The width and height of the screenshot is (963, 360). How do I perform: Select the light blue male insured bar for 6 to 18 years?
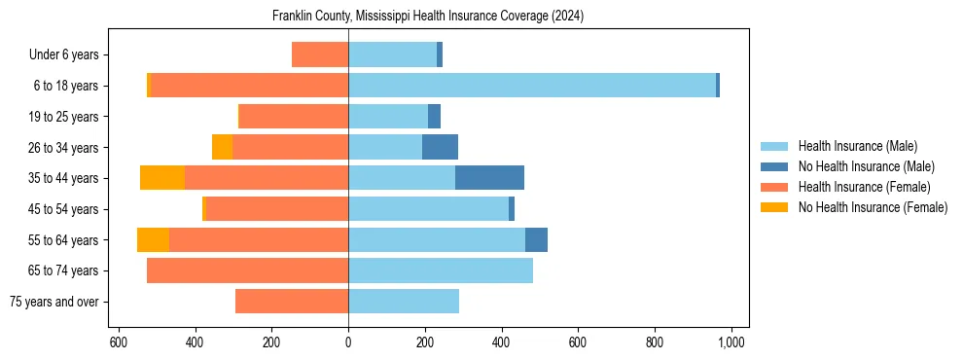click(532, 86)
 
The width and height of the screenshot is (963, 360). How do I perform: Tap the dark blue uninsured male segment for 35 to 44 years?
click(489, 178)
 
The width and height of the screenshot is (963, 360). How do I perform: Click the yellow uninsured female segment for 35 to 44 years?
click(162, 178)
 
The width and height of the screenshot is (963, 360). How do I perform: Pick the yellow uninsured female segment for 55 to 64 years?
click(153, 239)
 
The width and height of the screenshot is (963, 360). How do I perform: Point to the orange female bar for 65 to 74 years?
click(247, 270)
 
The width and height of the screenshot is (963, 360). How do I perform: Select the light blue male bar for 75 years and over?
click(404, 302)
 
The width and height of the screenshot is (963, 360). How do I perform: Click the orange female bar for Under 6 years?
click(320, 54)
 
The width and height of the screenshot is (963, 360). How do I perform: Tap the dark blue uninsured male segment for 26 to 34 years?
click(440, 147)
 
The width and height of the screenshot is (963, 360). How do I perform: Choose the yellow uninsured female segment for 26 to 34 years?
click(222, 147)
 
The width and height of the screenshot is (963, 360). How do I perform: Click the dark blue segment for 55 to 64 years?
click(536, 239)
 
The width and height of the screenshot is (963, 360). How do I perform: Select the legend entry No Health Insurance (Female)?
click(873, 207)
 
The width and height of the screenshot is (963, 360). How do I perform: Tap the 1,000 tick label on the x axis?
click(731, 342)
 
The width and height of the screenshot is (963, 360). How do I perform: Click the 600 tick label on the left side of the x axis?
click(118, 342)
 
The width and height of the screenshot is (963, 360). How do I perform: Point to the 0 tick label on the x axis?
click(348, 342)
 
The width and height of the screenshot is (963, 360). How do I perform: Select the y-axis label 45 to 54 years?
click(63, 209)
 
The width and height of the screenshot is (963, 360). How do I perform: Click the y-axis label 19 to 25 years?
click(63, 117)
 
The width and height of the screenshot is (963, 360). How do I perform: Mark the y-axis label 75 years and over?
click(53, 302)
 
